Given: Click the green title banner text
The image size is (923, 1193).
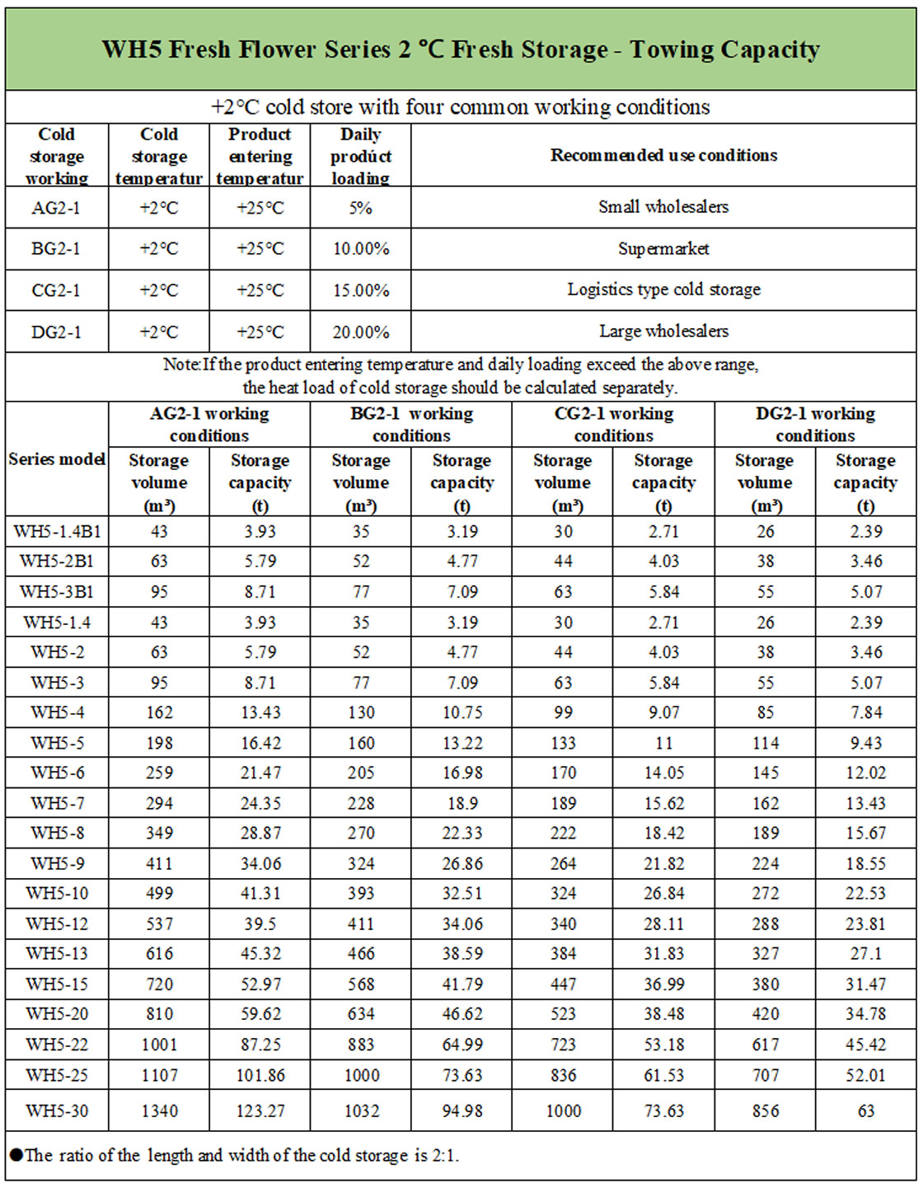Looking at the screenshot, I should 461,50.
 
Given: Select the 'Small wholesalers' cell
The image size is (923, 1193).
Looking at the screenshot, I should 663,207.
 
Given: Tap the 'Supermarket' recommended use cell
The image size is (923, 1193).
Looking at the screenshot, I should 663,249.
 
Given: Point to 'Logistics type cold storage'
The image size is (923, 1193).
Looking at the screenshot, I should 663,290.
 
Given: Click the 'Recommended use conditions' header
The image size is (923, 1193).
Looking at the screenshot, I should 663,156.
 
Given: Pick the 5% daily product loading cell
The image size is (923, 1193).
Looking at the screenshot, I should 360,208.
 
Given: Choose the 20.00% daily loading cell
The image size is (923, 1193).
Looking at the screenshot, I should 361,332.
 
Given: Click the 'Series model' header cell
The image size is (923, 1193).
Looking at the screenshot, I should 57,459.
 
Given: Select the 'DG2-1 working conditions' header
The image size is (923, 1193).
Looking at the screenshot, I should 815,424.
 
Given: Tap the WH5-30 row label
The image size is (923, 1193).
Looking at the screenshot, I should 57,1111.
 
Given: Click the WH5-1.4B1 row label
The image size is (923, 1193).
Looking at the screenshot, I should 57,532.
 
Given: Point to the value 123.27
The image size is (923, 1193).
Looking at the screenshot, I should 260,1111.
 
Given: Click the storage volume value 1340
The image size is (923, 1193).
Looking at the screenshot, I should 159,1111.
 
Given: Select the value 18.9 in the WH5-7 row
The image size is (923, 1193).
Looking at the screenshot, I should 461,804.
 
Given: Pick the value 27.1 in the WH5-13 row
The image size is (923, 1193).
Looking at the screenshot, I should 865,954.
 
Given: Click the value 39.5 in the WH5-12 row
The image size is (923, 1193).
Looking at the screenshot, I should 260,924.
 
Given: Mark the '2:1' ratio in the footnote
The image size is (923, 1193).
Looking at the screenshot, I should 444,1156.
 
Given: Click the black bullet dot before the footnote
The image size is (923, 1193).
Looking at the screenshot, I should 16,1155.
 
